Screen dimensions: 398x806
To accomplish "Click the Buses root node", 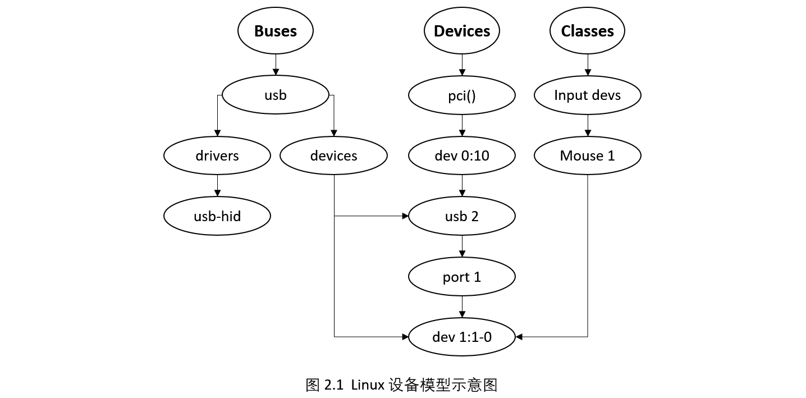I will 275,31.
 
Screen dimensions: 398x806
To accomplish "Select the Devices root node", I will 461,31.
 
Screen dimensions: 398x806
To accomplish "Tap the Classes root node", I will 587,31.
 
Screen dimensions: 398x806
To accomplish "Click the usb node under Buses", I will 275,95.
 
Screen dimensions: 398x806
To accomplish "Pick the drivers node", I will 217,155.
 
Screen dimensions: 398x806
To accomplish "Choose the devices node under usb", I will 333,155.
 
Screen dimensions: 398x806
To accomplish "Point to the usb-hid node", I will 217,216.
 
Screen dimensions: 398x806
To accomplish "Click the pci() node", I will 461,95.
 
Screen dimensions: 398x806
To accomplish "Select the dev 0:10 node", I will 461,155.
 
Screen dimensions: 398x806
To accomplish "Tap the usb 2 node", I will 461,216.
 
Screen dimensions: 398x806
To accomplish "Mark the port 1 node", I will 461,276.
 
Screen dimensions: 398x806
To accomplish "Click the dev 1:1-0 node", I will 461,337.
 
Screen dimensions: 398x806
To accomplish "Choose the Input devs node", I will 587,95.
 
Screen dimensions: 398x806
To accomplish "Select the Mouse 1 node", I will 587,155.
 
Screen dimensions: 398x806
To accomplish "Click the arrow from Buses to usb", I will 275,65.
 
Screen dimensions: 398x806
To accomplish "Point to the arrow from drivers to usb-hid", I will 217,186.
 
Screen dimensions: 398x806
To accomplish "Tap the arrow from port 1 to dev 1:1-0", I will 461,306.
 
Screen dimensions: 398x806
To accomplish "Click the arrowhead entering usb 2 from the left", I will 405,216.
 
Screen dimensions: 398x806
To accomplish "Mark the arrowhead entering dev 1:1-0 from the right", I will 519,337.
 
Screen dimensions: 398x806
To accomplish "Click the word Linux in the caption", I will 368,385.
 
